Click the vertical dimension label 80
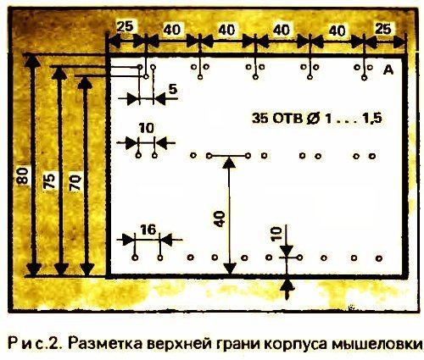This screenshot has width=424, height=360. tap(23, 175)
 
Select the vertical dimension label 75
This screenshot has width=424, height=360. tap(49, 181)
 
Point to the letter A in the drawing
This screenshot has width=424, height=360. tap(388, 70)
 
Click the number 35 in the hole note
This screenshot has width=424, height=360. tap(260, 119)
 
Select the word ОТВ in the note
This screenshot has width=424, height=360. tap(287, 119)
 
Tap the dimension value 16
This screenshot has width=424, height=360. tap(148, 230)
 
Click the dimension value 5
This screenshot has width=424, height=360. tap(173, 89)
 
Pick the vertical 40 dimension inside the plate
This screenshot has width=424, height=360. tap(220, 219)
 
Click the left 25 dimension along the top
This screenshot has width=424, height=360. tap(125, 26)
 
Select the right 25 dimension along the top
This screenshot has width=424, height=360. tap(383, 29)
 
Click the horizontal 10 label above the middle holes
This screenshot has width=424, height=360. tap(146, 129)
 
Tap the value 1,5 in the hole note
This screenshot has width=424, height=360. tap(372, 119)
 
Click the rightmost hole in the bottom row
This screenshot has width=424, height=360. tap(379, 258)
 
